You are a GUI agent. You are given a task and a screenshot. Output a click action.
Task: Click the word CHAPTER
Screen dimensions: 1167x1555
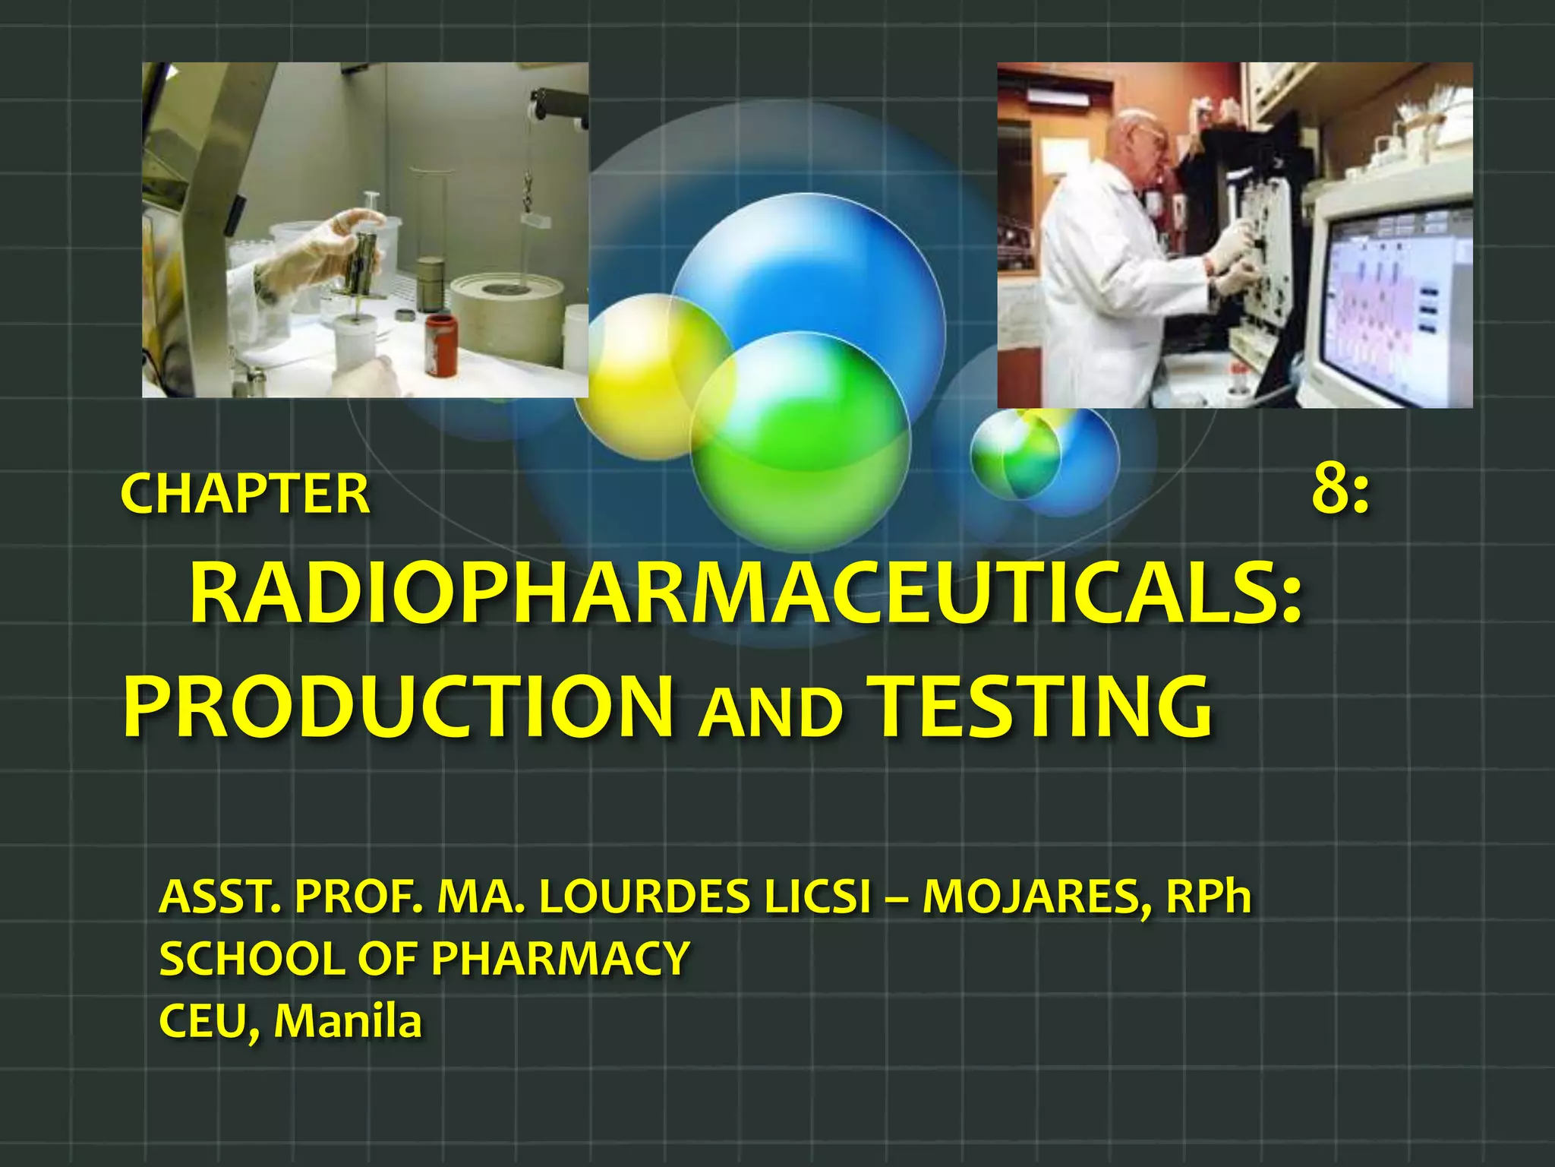click(244, 495)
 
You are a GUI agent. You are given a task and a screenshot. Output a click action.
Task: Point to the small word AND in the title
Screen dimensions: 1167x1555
click(770, 714)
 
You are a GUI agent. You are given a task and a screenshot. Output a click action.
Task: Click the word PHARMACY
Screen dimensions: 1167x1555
click(560, 959)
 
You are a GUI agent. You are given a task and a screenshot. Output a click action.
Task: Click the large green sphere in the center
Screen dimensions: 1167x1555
click(801, 441)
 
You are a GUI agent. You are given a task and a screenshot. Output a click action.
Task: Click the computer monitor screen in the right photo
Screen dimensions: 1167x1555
click(1397, 296)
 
